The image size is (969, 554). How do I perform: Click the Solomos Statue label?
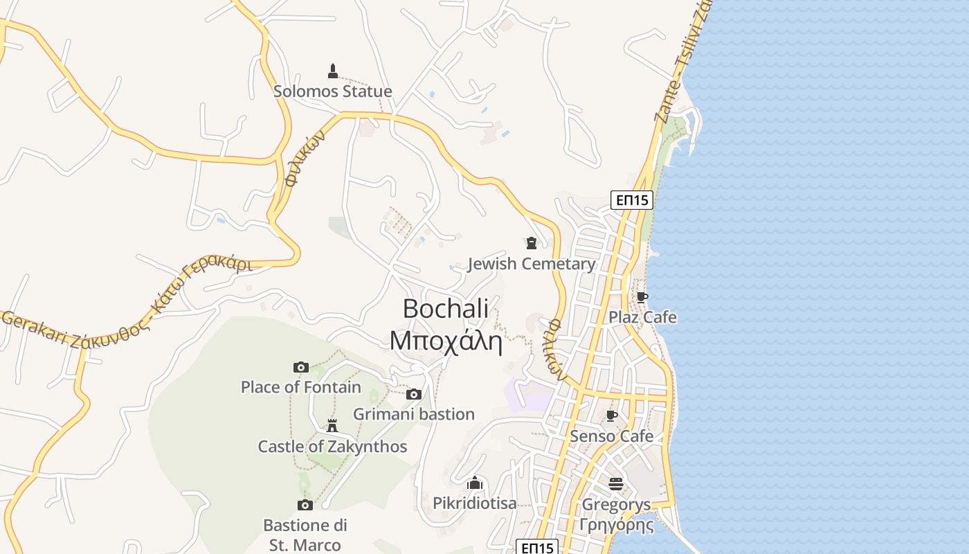point(332,91)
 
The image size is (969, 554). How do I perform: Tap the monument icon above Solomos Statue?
point(332,71)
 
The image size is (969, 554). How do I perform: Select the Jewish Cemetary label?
point(532,264)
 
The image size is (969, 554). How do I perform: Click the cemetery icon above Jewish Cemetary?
point(531,243)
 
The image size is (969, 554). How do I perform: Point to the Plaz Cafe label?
point(642,318)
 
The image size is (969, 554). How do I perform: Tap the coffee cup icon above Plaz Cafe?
point(642,298)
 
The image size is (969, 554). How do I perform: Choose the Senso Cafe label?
point(611,436)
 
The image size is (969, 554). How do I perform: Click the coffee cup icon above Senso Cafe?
point(611,415)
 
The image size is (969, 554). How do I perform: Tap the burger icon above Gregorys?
point(616,483)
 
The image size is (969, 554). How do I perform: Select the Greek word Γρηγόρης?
point(616,525)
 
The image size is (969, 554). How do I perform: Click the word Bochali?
point(446,308)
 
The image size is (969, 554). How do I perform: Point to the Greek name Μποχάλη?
point(446,341)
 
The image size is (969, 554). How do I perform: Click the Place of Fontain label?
point(301,387)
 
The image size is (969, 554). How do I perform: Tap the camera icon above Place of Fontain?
point(301,367)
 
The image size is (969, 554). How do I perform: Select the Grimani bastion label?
point(414,414)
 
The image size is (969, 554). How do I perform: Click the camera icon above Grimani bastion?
point(414,394)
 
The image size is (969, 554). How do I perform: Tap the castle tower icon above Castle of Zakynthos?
point(332,425)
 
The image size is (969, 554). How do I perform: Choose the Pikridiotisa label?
point(475,503)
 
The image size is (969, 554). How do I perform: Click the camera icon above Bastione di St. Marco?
point(305,505)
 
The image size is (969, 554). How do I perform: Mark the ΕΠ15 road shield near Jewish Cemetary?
point(632,200)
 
